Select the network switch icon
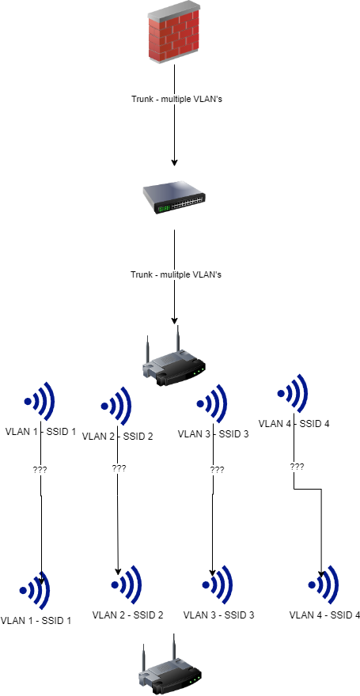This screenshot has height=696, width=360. click(x=174, y=198)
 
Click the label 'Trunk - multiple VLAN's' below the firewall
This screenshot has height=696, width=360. click(x=176, y=99)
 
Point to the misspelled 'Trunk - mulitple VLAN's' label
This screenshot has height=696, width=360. click(x=176, y=274)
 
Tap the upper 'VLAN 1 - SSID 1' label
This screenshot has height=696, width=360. click(x=41, y=431)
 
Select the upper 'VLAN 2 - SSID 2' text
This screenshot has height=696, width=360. click(x=118, y=437)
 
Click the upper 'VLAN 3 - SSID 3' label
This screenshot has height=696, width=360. click(x=213, y=433)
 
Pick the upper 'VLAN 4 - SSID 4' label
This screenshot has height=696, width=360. click(x=294, y=423)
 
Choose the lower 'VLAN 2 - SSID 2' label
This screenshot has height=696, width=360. click(x=128, y=615)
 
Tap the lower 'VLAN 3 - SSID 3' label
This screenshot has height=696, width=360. click(x=219, y=615)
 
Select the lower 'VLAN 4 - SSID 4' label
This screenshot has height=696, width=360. click(x=324, y=615)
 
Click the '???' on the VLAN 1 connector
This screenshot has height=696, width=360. click(x=40, y=470)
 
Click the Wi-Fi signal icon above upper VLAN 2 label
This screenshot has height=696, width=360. click(x=116, y=406)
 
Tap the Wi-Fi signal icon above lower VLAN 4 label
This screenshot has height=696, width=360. click(x=324, y=584)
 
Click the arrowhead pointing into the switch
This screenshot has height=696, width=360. click(x=174, y=162)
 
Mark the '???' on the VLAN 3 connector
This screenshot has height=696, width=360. click(x=217, y=470)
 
